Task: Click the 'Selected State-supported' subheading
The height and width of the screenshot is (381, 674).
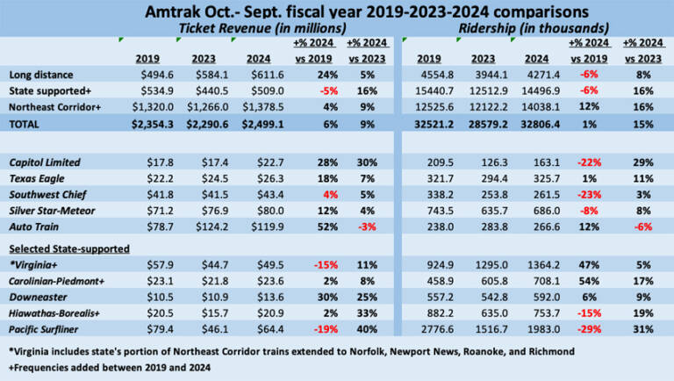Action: coord(66,248)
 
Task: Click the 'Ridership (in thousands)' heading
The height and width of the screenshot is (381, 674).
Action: coord(529,29)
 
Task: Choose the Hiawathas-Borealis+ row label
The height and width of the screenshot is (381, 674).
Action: coord(54,313)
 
